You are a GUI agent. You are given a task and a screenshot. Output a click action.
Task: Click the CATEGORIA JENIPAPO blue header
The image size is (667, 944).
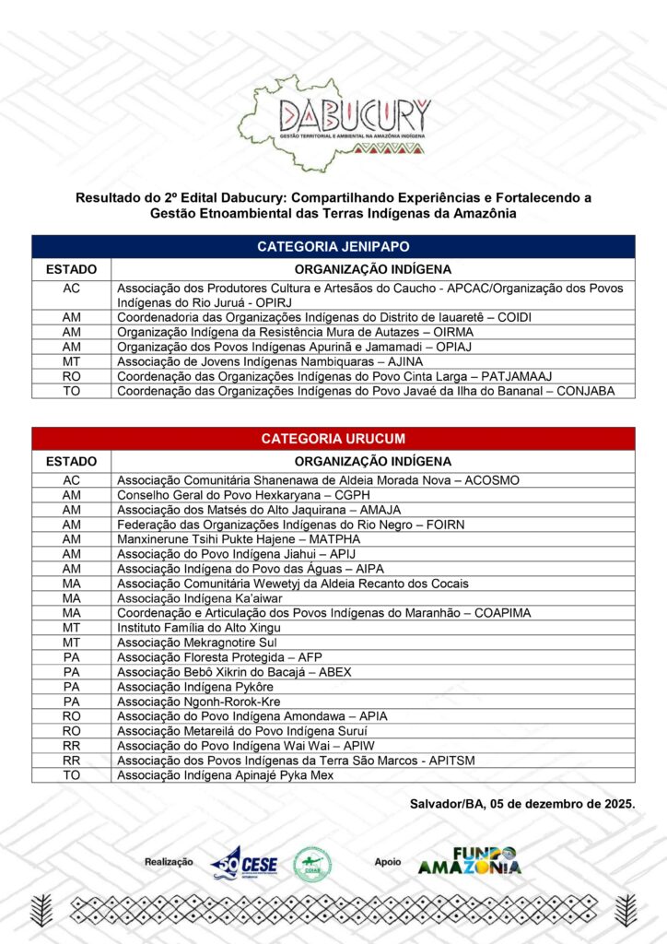(333, 246)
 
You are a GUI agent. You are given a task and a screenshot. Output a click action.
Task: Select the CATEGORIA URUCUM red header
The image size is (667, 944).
(333, 439)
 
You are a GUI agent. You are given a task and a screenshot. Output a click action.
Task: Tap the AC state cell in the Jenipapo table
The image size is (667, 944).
(71, 295)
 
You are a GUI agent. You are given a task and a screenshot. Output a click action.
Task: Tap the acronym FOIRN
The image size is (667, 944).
(439, 525)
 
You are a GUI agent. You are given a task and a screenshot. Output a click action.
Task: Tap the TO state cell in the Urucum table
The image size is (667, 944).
(71, 775)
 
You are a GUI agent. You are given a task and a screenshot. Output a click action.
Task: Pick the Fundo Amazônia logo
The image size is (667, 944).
(469, 860)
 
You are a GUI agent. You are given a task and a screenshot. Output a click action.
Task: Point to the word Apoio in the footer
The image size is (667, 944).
(388, 862)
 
